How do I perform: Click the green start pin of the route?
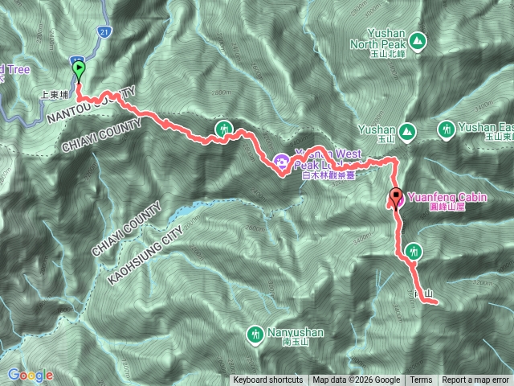[x=79, y=70]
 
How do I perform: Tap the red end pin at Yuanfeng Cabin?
[x=396, y=195]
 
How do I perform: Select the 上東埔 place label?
[x=56, y=94]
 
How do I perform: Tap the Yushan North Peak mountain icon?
[x=417, y=39]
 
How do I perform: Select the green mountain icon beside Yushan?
[x=407, y=129]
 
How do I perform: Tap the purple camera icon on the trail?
[x=283, y=161]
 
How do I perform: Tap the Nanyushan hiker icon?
[x=255, y=333]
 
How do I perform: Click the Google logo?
[x=31, y=375]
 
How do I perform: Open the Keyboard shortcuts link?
[x=268, y=380]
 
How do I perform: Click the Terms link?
[x=421, y=380]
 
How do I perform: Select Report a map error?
[x=475, y=380]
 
